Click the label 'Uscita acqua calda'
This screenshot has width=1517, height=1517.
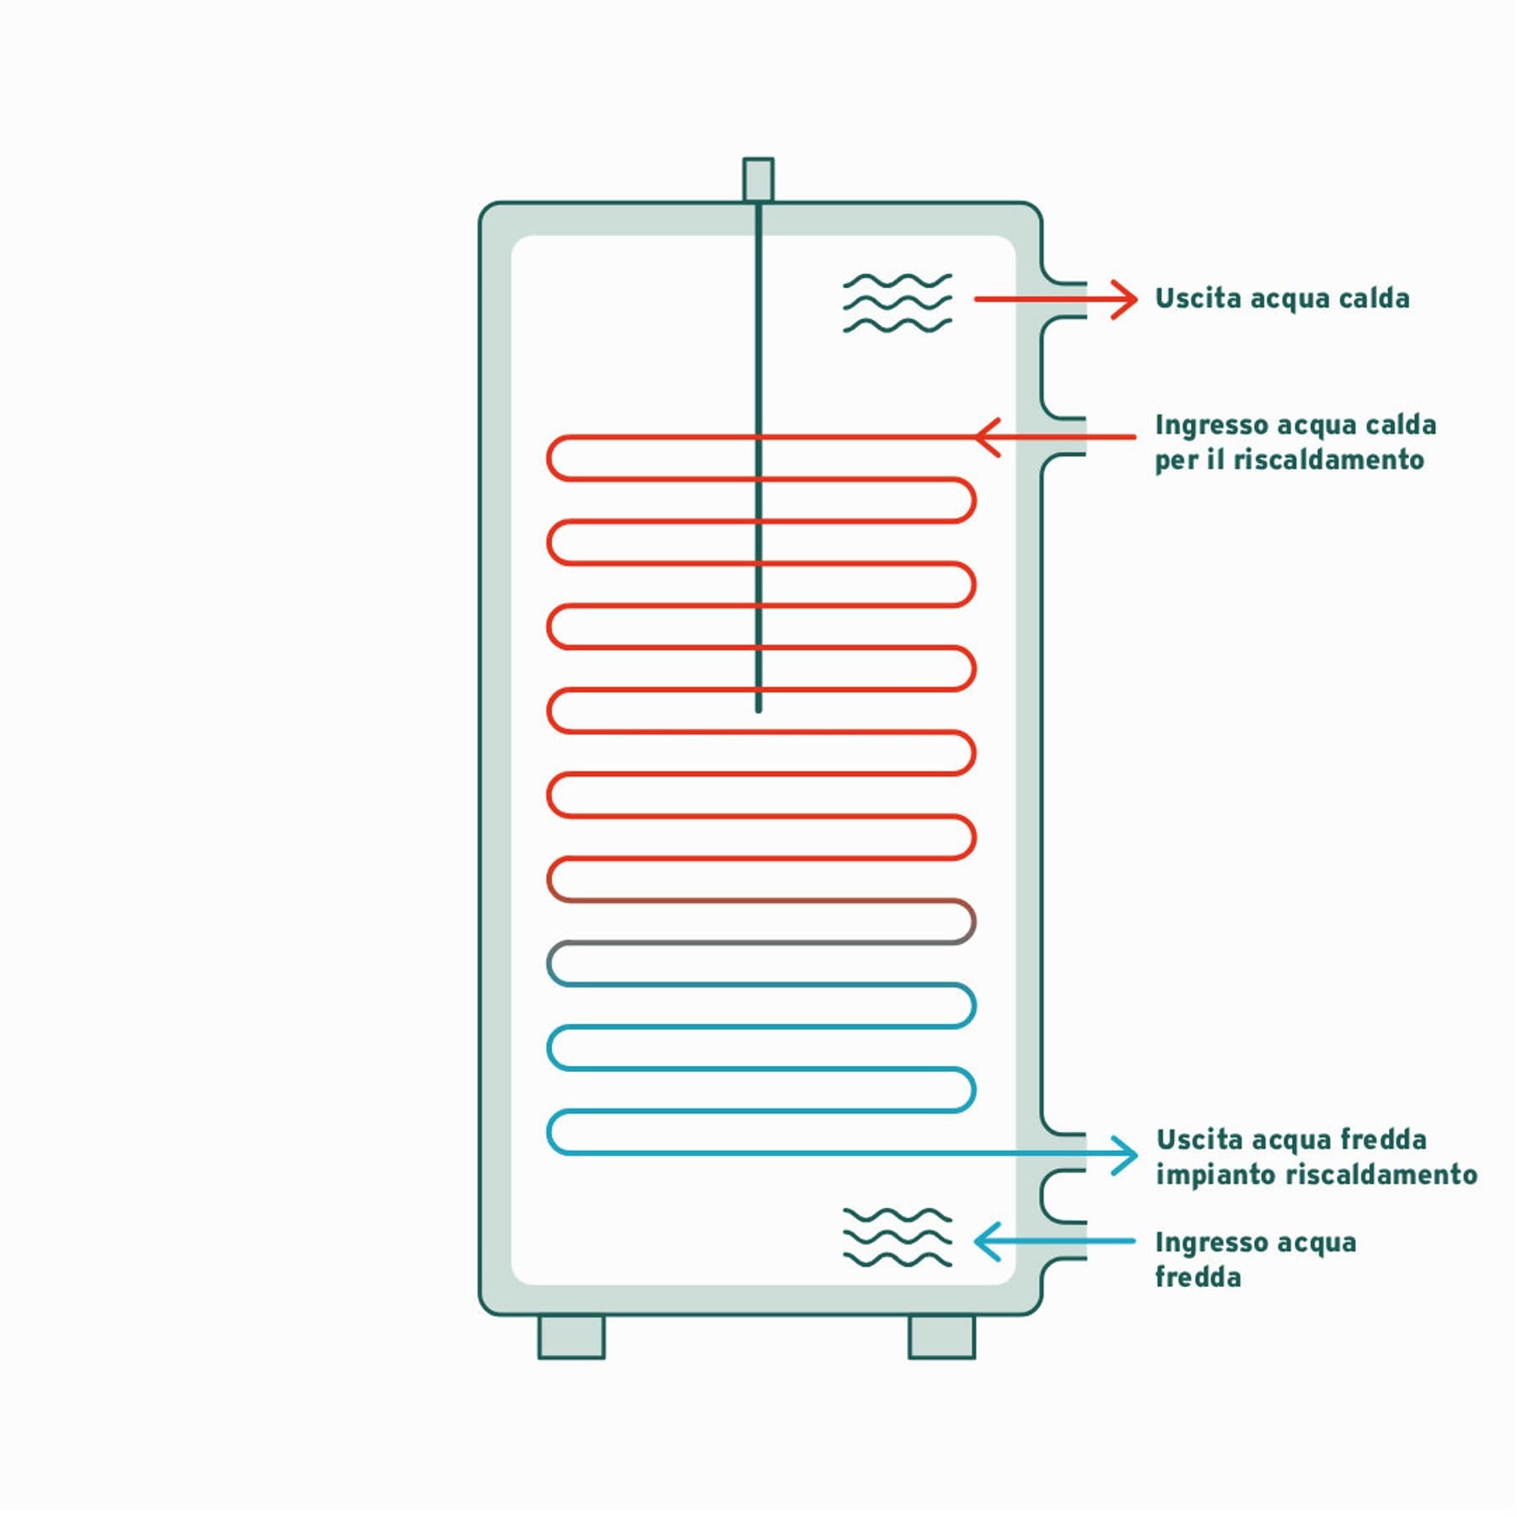(1282, 298)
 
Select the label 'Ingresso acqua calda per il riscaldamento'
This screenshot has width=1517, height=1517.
(1295, 442)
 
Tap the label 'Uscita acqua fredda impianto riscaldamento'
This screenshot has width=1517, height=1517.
(1316, 1157)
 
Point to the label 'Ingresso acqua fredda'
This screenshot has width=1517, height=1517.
(1256, 1260)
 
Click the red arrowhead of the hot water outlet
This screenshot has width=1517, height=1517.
(1125, 299)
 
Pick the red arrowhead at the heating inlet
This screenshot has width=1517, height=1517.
(987, 437)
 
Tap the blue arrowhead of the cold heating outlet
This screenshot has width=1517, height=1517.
(1125, 1155)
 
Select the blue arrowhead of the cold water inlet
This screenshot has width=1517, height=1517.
(987, 1241)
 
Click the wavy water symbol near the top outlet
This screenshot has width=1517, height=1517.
(898, 303)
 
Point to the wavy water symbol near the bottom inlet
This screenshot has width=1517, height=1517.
(898, 1237)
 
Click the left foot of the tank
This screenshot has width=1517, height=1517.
(571, 1337)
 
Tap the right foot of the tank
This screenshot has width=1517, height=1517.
(941, 1337)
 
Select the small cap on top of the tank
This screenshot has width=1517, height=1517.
(758, 180)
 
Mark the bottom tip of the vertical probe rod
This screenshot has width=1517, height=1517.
(758, 711)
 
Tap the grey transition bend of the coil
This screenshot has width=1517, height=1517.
(969, 921)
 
